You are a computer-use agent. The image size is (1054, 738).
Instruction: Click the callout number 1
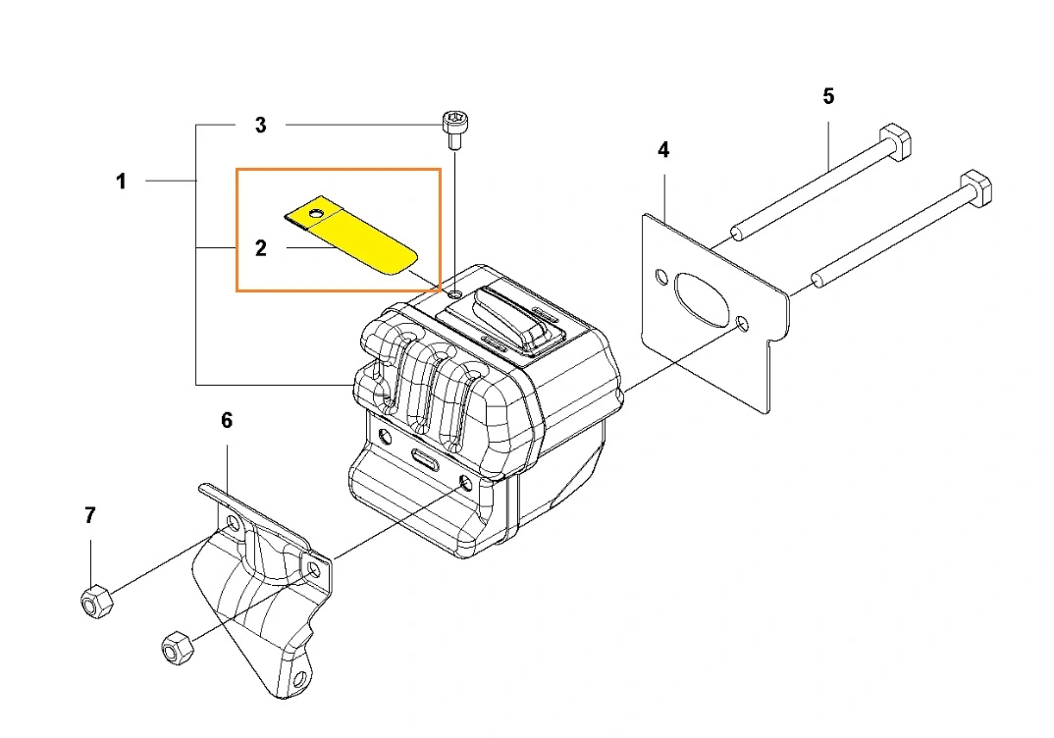pyautogui.click(x=121, y=182)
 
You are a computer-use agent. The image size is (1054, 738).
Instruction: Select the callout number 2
pyautogui.click(x=261, y=248)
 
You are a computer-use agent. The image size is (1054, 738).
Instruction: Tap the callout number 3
pyautogui.click(x=261, y=125)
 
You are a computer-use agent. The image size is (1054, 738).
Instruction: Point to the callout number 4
pyautogui.click(x=663, y=150)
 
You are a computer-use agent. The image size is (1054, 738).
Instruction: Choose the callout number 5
pyautogui.click(x=829, y=97)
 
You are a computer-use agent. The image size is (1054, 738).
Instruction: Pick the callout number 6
pyautogui.click(x=227, y=421)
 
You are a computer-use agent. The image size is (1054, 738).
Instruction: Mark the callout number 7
pyautogui.click(x=90, y=515)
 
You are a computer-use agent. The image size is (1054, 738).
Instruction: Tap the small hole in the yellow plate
pyautogui.click(x=313, y=214)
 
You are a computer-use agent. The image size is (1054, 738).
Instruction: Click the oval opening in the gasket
pyautogui.click(x=701, y=299)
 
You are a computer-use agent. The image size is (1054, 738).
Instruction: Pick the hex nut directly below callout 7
pyautogui.click(x=97, y=601)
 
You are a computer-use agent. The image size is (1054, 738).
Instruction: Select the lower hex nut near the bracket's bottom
pyautogui.click(x=178, y=648)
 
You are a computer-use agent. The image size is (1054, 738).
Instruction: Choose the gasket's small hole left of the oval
pyautogui.click(x=661, y=277)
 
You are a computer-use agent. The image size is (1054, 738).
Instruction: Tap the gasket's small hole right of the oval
pyautogui.click(x=742, y=324)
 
